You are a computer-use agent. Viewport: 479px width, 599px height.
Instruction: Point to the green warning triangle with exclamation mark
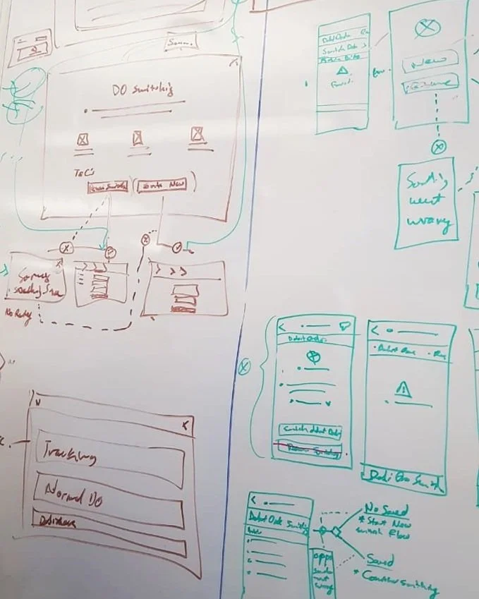tap(403, 389)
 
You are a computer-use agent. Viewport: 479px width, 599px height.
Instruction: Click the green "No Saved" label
tap(386, 509)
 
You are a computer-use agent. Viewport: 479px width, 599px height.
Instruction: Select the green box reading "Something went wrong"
tap(425, 202)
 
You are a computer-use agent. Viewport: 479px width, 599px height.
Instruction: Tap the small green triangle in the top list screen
tap(343, 71)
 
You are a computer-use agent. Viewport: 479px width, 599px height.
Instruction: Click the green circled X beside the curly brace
tap(245, 366)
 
